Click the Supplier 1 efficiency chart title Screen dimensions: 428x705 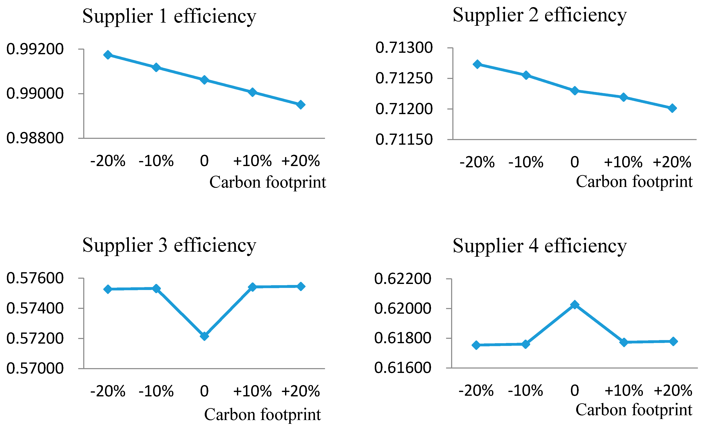pos(169,16)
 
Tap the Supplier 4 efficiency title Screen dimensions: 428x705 pos(540,246)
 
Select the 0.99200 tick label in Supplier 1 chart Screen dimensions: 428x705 pos(35,49)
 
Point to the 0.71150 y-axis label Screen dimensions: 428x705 pos(404,140)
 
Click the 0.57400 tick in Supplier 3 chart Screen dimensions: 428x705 pos(35,308)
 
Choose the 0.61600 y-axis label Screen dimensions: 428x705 pos(403,368)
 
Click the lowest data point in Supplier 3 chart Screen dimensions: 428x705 pos(204,336)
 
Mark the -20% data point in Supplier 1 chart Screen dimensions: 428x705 pos(108,55)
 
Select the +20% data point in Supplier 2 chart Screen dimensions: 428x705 pos(672,108)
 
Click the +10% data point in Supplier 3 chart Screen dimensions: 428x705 pos(252,287)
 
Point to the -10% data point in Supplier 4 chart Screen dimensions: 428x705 pos(526,344)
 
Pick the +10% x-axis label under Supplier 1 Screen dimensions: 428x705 pos(252,161)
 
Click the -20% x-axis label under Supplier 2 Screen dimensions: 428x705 pos(477,162)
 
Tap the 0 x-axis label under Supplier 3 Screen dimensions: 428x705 pos(204,391)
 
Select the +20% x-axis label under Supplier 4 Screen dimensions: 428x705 pos(673,391)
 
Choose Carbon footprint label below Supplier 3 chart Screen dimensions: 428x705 pos(262,415)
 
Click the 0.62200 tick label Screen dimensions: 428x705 pos(403,279)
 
